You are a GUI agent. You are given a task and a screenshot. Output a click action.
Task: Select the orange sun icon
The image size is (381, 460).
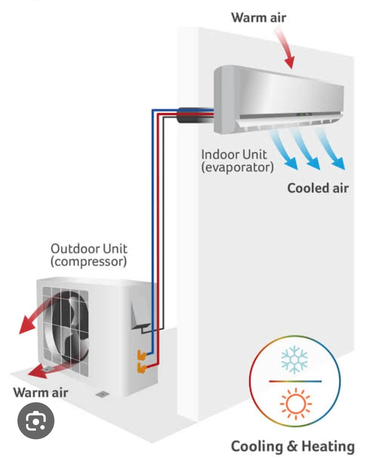click(296, 404)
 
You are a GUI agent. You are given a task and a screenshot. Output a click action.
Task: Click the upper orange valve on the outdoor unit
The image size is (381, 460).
click(142, 355)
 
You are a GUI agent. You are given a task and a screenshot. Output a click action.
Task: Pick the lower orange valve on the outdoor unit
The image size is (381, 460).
click(142, 368)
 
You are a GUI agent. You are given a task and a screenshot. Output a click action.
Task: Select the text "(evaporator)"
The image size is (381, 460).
click(237, 167)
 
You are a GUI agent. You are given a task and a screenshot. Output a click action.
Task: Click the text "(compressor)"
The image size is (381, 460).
click(89, 261)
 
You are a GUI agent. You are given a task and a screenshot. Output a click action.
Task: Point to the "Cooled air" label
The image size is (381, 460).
click(317, 188)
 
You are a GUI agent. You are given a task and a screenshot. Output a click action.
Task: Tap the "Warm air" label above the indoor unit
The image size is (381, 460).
click(259, 17)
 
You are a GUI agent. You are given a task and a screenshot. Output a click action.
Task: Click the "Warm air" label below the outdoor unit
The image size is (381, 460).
click(41, 392)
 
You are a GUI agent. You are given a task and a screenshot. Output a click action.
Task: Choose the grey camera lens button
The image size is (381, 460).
click(36, 421)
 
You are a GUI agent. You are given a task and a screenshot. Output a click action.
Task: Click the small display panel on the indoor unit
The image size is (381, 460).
click(304, 114)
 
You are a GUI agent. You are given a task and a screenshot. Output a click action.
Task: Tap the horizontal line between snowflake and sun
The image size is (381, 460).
click(295, 381)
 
